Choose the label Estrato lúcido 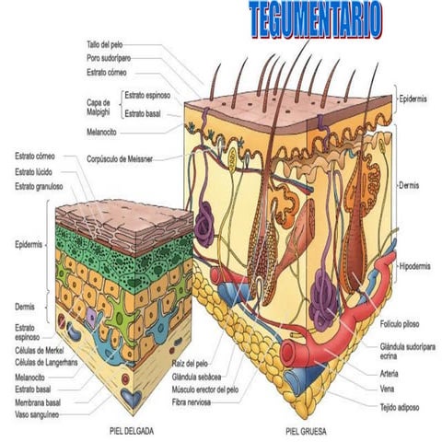[x=34, y=172]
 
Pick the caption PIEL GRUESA [x=306, y=430]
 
